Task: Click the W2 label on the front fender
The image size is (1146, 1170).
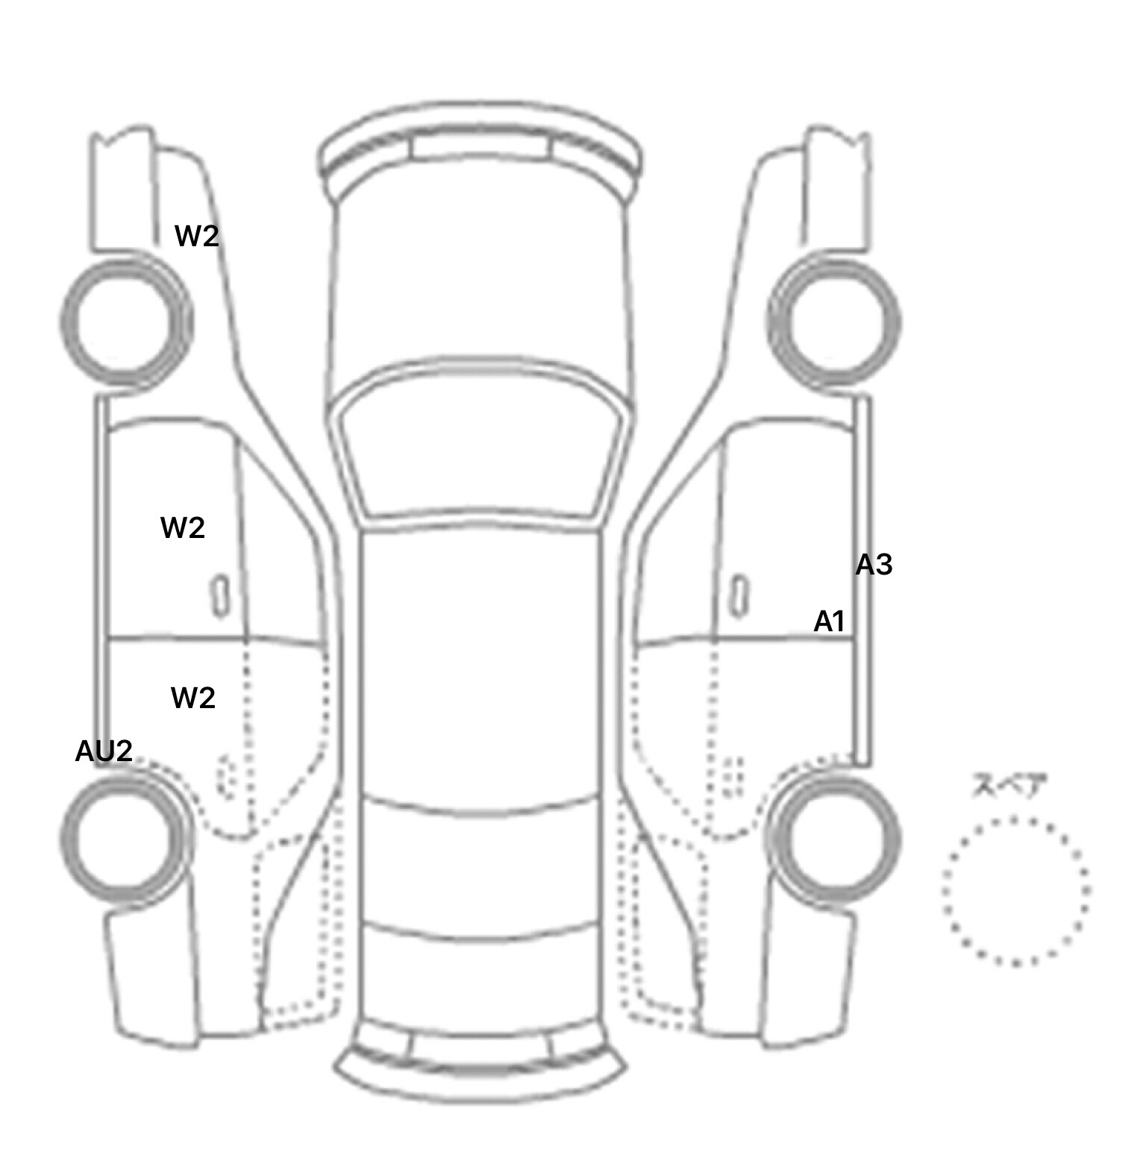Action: [197, 237]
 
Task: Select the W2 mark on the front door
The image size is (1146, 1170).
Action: [183, 528]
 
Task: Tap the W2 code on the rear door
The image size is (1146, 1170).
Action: [193, 698]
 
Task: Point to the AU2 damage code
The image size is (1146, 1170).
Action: [104, 751]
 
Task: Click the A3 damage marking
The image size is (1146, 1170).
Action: [874, 565]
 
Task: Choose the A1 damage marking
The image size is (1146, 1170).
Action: [829, 621]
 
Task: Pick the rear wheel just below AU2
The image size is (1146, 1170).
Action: [63, 837]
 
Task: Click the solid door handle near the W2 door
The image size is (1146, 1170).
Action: [219, 596]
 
